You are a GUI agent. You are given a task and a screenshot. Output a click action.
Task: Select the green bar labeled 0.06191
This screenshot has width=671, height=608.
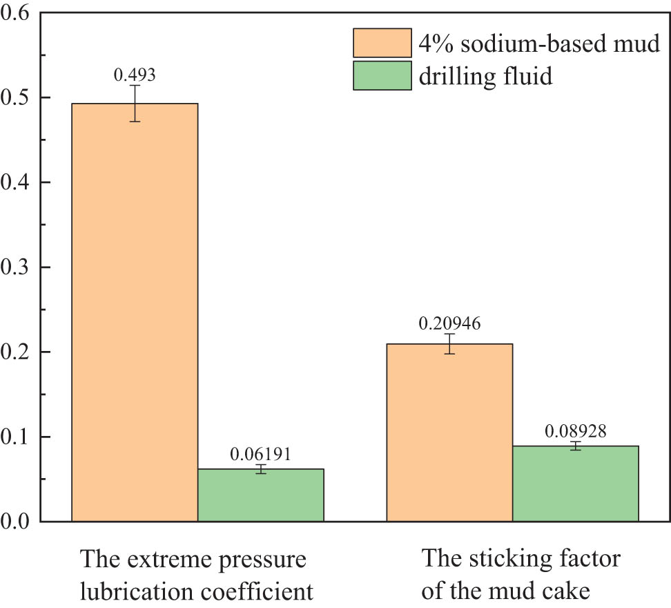[x=260, y=495]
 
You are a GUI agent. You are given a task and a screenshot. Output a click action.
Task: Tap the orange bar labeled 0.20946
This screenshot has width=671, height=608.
[x=449, y=433]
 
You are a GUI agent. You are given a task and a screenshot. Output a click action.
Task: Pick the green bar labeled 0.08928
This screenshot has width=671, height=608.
[x=575, y=484]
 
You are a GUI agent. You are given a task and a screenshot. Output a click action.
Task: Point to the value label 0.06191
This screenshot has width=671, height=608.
[x=260, y=455]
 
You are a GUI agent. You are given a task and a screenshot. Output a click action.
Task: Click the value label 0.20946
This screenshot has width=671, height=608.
[x=449, y=323]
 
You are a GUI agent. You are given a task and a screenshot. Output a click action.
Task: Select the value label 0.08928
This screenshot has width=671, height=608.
[x=575, y=431]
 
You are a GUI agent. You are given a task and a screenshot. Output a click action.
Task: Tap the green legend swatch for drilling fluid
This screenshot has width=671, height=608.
[x=382, y=75]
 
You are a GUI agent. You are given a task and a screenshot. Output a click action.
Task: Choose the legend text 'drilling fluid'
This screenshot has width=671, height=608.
[x=486, y=75]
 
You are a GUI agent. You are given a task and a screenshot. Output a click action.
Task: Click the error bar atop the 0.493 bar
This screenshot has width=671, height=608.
[x=135, y=103]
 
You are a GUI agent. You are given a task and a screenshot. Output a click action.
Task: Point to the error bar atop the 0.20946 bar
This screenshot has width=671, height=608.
[x=449, y=343]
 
